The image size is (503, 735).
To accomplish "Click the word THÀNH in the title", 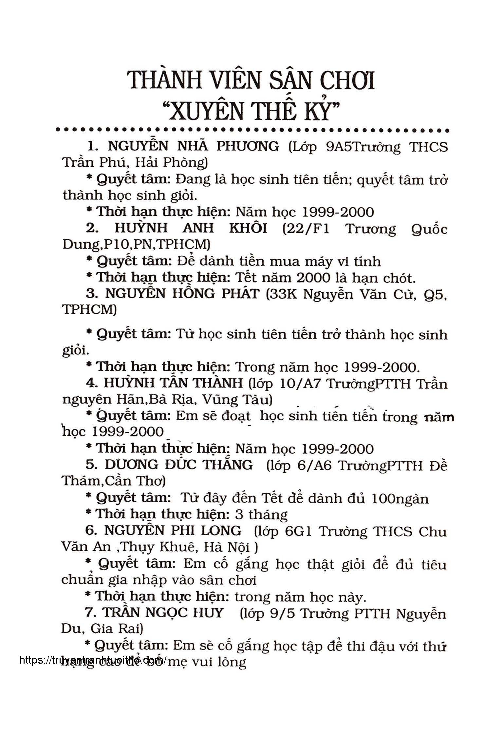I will (x=163, y=80).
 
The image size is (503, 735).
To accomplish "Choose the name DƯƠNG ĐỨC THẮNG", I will (x=178, y=465).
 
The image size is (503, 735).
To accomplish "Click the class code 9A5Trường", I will (x=363, y=147).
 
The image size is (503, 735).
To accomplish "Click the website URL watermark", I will (x=93, y=659).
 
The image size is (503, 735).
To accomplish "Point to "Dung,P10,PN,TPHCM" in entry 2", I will (x=136, y=245).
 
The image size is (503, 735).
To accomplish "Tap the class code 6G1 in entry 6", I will (x=298, y=531).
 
